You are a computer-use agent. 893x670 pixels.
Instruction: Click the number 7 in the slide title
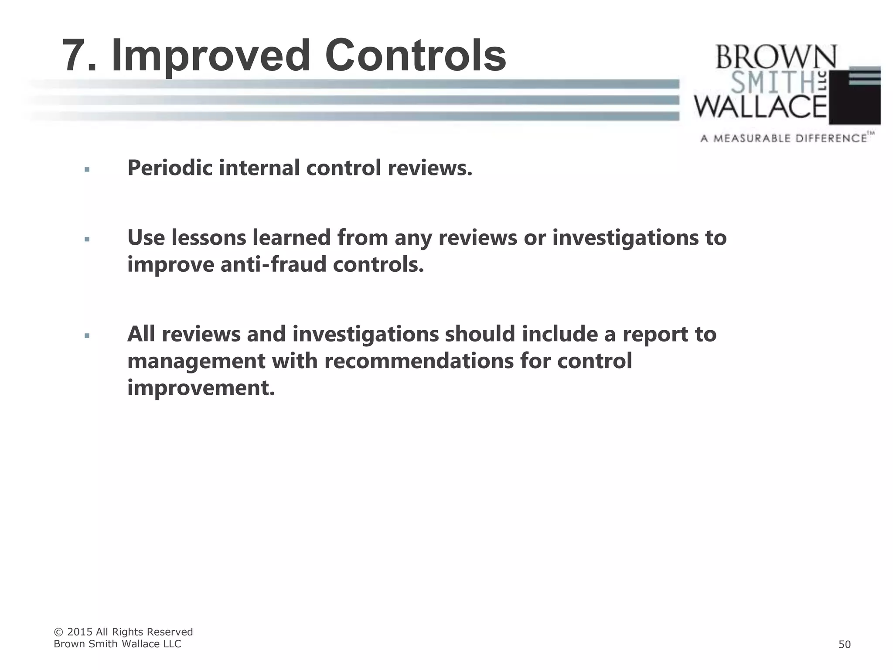(x=78, y=56)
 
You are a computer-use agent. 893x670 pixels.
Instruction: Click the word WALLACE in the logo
(x=760, y=107)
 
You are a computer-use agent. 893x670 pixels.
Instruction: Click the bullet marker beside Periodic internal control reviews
(x=87, y=169)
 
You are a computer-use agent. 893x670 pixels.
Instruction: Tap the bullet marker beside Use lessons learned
(x=87, y=239)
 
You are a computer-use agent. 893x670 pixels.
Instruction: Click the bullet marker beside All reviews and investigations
(x=87, y=335)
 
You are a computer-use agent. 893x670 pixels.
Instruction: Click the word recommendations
(x=419, y=361)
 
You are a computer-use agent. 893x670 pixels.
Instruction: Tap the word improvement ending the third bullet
(x=201, y=387)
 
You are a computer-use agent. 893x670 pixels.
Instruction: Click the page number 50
(x=844, y=644)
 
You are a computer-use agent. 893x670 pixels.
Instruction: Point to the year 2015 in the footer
(x=80, y=632)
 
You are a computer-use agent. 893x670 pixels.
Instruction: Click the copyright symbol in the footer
(x=58, y=632)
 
